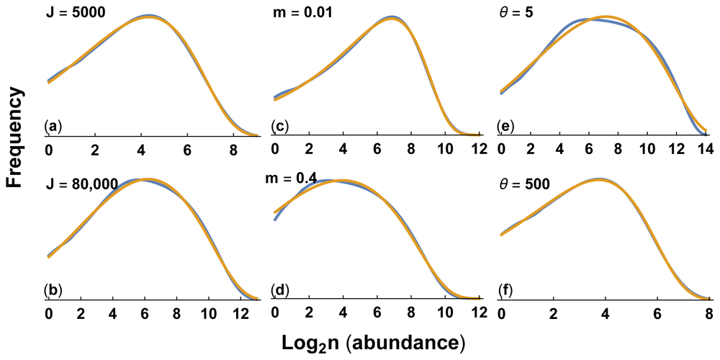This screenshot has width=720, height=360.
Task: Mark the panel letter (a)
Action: coord(53,127)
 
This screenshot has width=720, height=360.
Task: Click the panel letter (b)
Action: coord(53,291)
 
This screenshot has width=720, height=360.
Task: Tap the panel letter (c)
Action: coord(280,127)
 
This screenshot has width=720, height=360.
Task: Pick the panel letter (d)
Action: coord(280,291)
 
